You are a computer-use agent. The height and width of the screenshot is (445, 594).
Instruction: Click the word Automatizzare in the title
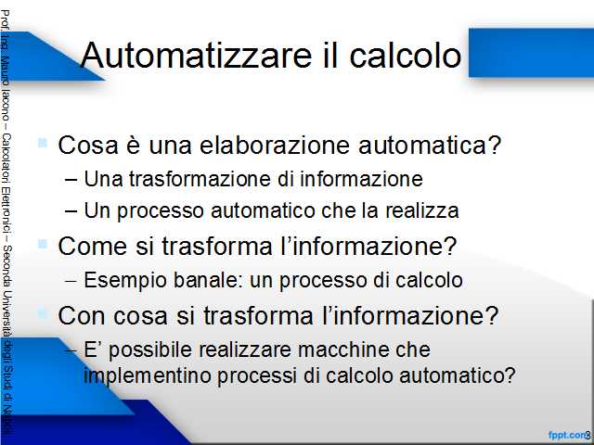pyautogui.click(x=196, y=56)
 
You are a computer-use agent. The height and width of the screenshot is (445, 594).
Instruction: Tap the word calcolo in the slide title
pyautogui.click(x=405, y=56)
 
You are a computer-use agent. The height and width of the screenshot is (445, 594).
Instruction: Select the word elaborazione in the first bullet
pyautogui.click(x=275, y=146)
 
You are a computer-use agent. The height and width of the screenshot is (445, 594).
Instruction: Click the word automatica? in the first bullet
pyautogui.click(x=430, y=146)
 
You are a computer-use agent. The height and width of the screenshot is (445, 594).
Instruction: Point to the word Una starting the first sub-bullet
pyautogui.click(x=103, y=179)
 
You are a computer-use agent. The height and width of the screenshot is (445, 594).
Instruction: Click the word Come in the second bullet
pyautogui.click(x=93, y=247)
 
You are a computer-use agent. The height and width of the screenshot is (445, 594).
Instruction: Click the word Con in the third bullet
pyautogui.click(x=81, y=315)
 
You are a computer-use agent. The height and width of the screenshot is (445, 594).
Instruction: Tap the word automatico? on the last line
pyautogui.click(x=458, y=375)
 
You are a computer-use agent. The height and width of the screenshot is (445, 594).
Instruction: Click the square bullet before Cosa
pyautogui.click(x=43, y=143)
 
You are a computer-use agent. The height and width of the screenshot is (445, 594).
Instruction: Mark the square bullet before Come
pyautogui.click(x=43, y=244)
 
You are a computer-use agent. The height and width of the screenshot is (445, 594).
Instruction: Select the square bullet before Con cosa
pyautogui.click(x=43, y=313)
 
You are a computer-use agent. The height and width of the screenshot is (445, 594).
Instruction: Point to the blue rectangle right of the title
pyautogui.click(x=531, y=53)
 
